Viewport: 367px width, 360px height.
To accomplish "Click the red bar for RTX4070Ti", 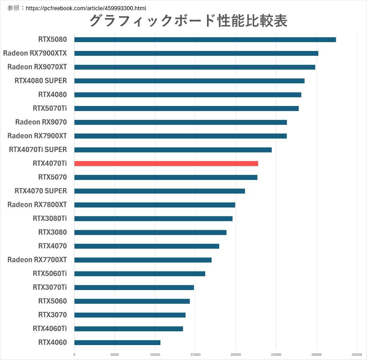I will (x=166, y=163).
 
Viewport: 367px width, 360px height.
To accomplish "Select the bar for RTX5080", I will (x=205, y=40).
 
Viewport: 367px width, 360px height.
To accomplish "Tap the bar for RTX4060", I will (x=117, y=342).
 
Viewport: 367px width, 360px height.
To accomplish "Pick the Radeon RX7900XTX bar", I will (x=196, y=53).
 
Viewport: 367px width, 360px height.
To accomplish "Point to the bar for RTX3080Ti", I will (x=153, y=218).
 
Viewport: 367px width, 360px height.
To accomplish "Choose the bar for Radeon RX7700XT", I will (x=143, y=260).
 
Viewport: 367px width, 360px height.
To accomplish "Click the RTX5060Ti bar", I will (x=140, y=274).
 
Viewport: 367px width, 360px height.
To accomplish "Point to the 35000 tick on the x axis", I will (x=357, y=355).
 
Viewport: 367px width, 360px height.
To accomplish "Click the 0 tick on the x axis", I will (x=74, y=355).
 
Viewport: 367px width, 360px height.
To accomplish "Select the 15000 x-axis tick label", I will (x=195, y=355).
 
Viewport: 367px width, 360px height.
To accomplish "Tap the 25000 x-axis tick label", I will (x=276, y=355).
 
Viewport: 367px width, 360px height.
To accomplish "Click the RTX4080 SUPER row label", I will (x=41, y=81).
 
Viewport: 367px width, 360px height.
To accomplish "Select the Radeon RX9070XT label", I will (x=37, y=67).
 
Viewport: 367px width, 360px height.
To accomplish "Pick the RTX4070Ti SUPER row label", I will (x=38, y=149).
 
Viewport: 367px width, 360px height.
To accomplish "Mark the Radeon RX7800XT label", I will (x=37, y=204).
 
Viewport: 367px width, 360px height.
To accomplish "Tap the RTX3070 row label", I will (x=52, y=315).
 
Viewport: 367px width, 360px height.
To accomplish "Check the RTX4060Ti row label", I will (x=50, y=328).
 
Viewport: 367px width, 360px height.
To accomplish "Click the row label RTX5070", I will (x=52, y=177).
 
